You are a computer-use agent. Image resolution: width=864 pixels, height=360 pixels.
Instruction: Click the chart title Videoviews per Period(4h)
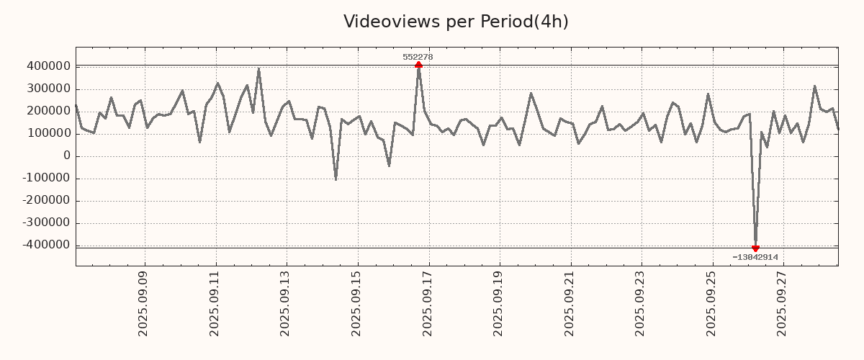pyautogui.click(x=456, y=22)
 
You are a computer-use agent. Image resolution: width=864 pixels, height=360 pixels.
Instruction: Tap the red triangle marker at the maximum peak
pyautogui.click(x=418, y=65)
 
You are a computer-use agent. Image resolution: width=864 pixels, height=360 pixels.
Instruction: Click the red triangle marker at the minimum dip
pyautogui.click(x=755, y=248)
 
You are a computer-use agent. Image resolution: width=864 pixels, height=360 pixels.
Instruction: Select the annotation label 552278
pyautogui.click(x=418, y=57)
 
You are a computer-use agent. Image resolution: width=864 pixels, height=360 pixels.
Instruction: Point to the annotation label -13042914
pyautogui.click(x=755, y=257)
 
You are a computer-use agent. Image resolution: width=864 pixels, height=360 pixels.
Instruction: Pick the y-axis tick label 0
pyautogui.click(x=67, y=156)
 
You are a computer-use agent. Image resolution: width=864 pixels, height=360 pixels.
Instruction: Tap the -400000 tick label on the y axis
pyautogui.click(x=45, y=245)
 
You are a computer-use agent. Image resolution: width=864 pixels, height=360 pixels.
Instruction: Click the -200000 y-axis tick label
pyautogui.click(x=45, y=200)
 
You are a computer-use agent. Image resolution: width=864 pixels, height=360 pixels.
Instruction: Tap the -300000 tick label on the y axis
pyautogui.click(x=45, y=222)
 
